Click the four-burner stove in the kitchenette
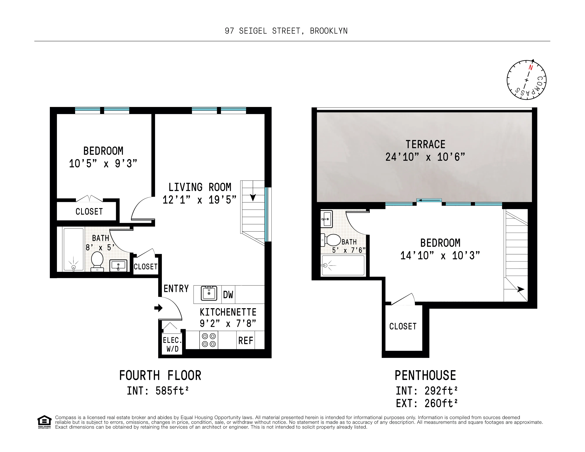coord(209,340)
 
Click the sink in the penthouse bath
coord(326,219)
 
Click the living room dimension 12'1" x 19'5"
coord(199,200)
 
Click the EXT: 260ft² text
coord(427,403)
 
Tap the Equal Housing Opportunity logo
coord(44,422)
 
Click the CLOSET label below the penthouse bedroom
coord(403,326)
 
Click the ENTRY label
coord(176,289)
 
